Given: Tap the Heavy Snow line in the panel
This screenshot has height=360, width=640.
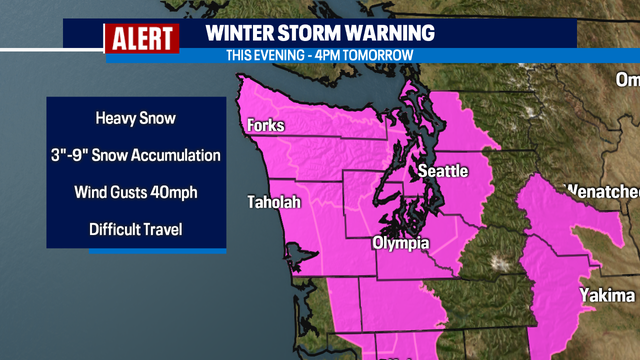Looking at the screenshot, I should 135,118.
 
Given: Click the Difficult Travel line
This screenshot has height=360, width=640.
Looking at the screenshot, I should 135,229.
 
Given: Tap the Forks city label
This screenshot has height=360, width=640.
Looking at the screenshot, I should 266,126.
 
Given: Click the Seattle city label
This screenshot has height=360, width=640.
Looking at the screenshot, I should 442,171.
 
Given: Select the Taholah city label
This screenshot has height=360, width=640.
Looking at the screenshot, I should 274,203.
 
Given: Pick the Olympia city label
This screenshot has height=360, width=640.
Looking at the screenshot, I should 401,243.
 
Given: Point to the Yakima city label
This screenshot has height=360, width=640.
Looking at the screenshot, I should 606,296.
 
